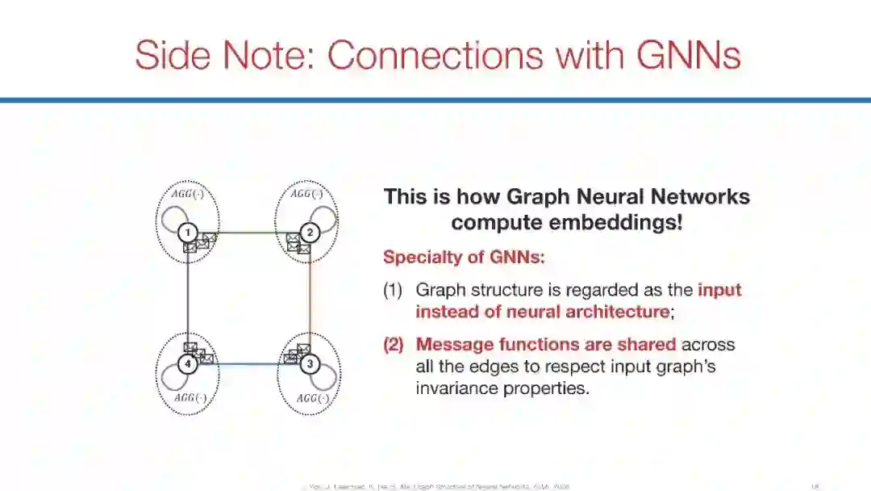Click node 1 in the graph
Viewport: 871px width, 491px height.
[x=188, y=233]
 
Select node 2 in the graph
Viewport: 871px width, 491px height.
[x=310, y=233]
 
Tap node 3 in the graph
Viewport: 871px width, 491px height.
[x=310, y=364]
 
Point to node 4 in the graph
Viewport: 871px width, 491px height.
[x=188, y=364]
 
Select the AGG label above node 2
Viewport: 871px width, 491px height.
[x=306, y=194]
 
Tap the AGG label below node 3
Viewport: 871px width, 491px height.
[x=312, y=398]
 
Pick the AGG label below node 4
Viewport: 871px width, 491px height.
[x=190, y=398]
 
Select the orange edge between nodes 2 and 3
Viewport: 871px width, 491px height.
[x=310, y=299]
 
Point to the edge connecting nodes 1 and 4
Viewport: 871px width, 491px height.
[x=188, y=299]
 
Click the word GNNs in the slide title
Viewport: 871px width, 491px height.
[x=689, y=56]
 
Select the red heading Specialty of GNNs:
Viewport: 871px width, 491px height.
[x=464, y=258]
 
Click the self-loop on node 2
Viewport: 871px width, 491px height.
[x=329, y=220]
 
